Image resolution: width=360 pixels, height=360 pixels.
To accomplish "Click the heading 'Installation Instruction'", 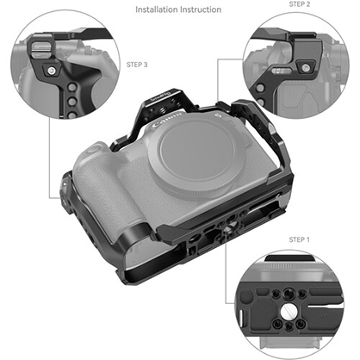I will pos(178,10).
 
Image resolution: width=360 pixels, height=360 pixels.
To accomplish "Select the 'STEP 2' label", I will pos(298,4).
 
